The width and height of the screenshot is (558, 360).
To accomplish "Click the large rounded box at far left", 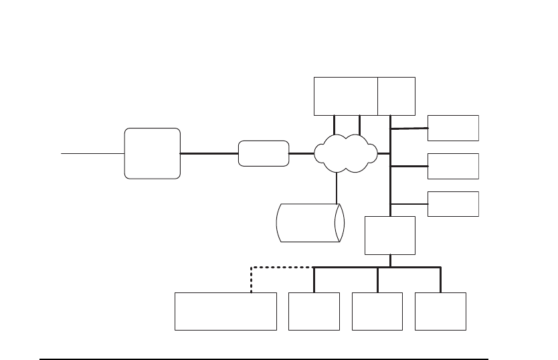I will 152,153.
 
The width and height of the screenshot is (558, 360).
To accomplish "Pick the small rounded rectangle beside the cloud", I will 264,153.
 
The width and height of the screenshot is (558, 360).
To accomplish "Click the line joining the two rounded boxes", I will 209,153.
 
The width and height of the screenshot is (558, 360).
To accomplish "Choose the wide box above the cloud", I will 345,96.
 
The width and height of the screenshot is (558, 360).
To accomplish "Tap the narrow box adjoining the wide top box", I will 396,96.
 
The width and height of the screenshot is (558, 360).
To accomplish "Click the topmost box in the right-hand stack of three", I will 453,128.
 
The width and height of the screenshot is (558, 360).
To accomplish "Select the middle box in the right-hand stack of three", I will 453,166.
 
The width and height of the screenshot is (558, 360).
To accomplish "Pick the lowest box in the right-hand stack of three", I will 453,203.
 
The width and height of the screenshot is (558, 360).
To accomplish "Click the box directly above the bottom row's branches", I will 389,235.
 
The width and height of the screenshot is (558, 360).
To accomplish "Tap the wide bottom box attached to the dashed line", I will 225,310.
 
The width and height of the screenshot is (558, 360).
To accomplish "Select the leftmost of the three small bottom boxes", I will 314,310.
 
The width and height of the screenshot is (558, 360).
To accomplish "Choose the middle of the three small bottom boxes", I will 377,310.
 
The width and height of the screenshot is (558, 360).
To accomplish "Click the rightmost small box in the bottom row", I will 440,310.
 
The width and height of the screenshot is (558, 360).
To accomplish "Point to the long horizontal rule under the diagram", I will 264,359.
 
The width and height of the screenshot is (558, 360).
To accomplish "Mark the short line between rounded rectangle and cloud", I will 302,153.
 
